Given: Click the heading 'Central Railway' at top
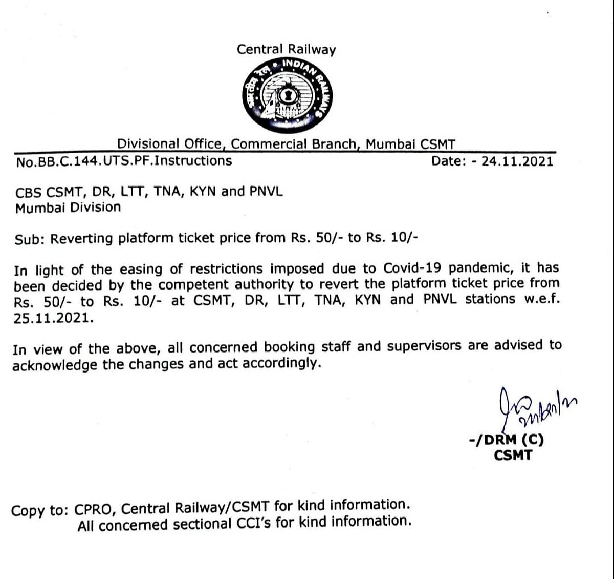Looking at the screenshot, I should (286, 50).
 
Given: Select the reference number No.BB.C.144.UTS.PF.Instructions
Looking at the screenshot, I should (124, 161).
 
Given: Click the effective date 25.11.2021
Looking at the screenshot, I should (54, 318).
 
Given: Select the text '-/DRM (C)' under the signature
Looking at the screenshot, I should (506, 440).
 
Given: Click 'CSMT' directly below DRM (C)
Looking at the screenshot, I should (513, 455).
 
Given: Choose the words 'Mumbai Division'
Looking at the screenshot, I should (68, 208).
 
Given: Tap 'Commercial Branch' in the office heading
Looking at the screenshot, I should (294, 144).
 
